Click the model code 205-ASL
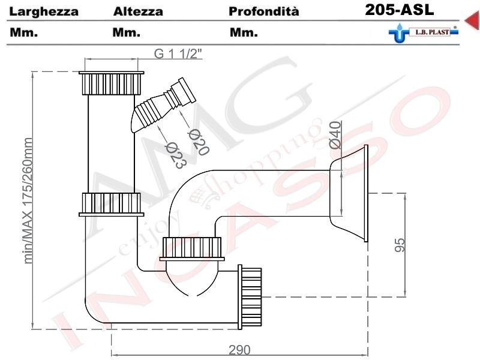400,10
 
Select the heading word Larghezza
44,12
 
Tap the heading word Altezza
138,11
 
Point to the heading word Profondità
264,11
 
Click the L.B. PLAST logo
424,32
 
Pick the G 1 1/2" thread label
178,53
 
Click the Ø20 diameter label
198,142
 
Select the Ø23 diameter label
175,156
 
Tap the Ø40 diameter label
335,135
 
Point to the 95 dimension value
400,245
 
